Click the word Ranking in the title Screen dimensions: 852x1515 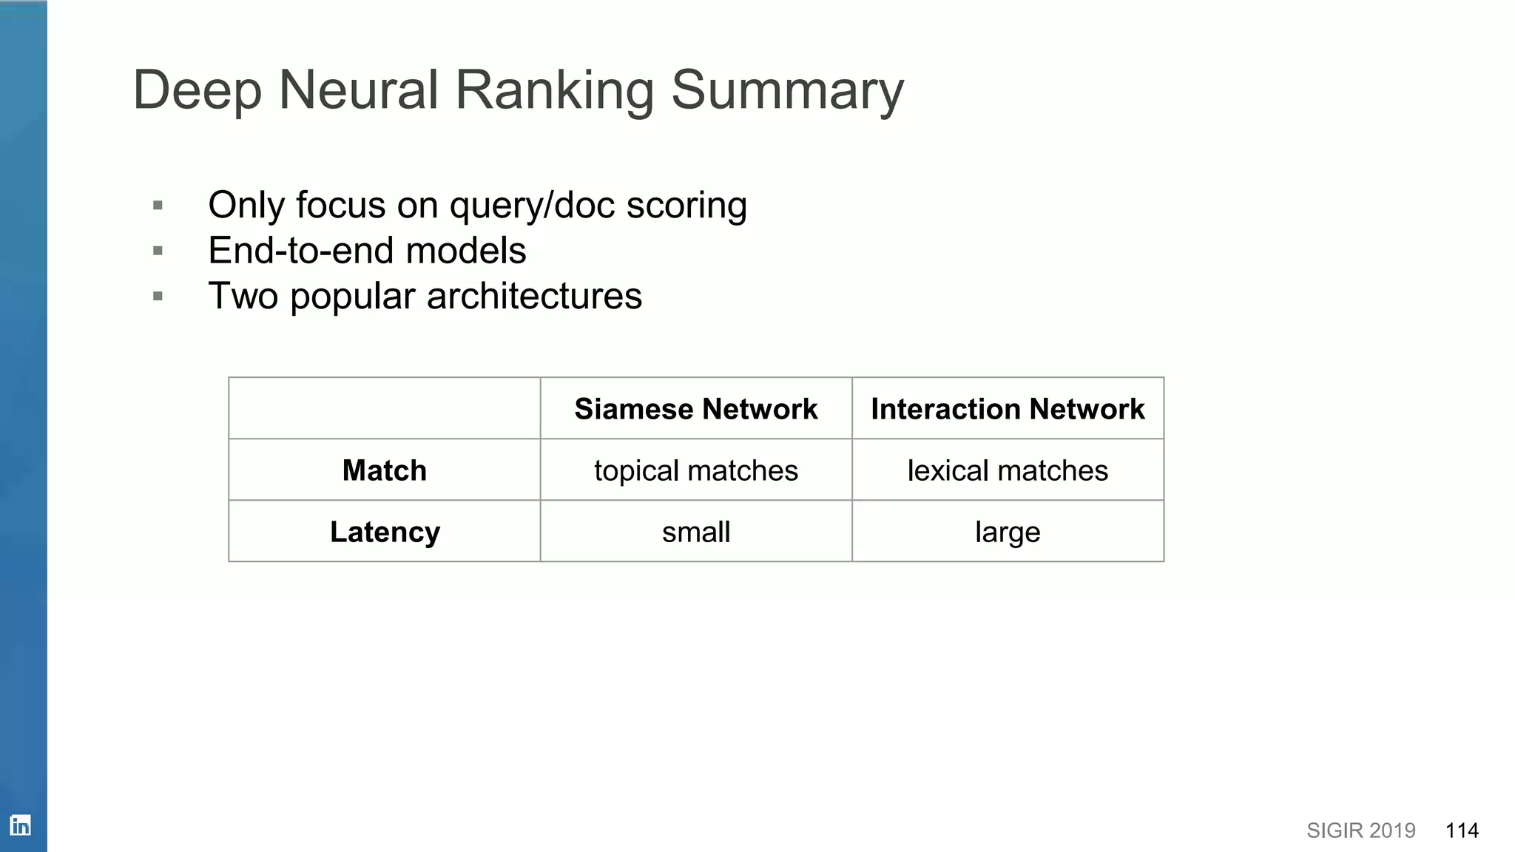[x=554, y=90]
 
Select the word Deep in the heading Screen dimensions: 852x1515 [x=198, y=90]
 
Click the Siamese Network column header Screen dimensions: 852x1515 [x=695, y=409]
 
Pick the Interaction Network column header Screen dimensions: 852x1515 [x=1008, y=409]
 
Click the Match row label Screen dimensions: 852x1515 [x=384, y=470]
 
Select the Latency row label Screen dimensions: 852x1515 [x=385, y=532]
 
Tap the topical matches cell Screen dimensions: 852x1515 [x=695, y=470]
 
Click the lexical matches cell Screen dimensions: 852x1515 [x=1008, y=470]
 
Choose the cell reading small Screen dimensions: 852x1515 [x=695, y=532]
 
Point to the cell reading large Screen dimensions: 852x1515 [x=1008, y=532]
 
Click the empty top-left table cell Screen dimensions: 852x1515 [x=384, y=408]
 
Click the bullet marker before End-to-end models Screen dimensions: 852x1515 [x=158, y=251]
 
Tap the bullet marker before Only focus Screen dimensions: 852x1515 [x=158, y=205]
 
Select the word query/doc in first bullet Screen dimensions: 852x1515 [x=532, y=206]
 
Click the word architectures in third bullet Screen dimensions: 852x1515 [x=534, y=297]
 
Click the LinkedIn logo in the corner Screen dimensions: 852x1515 [x=21, y=825]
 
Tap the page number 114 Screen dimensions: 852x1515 [x=1462, y=831]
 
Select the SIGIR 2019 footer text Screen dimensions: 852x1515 [x=1360, y=831]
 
